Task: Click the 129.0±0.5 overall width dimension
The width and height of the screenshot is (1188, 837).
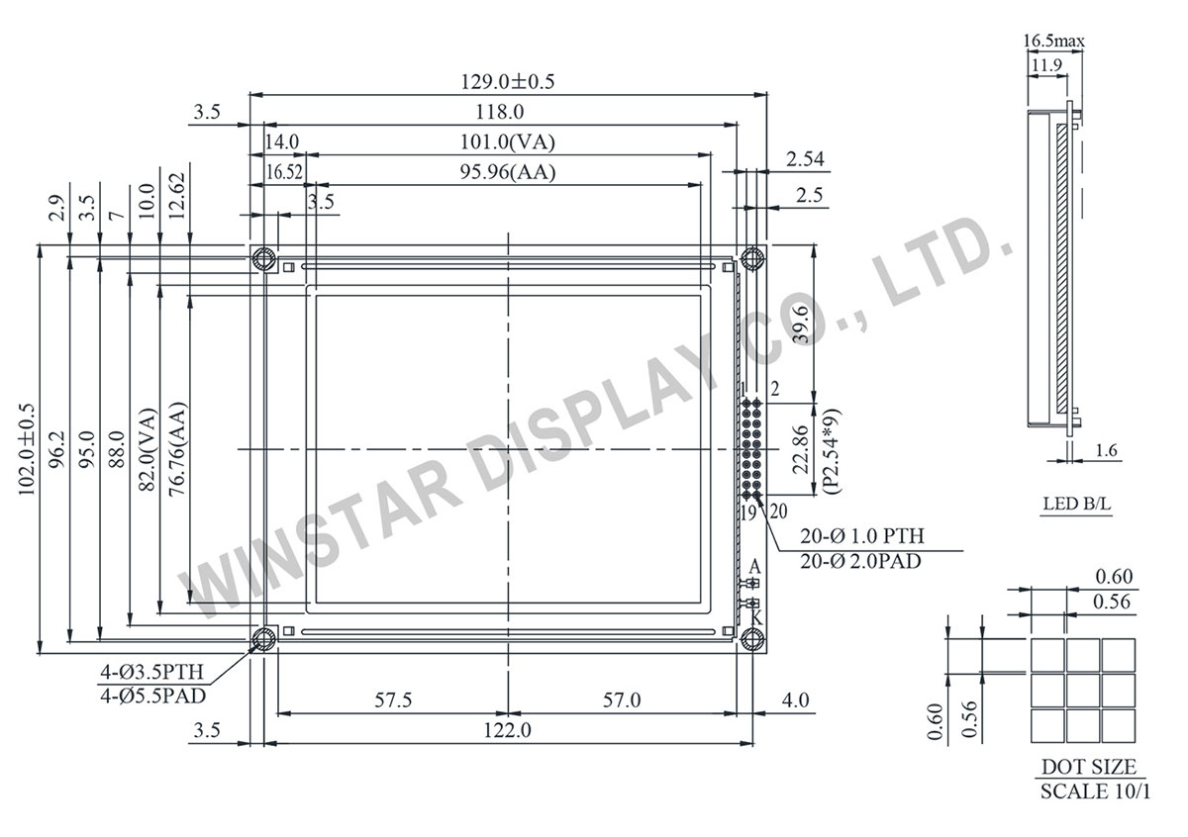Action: pyautogui.click(x=507, y=82)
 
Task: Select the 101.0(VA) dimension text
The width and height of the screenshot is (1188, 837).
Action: pyautogui.click(x=507, y=141)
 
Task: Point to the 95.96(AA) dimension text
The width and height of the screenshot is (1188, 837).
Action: pyautogui.click(x=507, y=171)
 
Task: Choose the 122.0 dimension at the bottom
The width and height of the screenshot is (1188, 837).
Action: pyautogui.click(x=507, y=731)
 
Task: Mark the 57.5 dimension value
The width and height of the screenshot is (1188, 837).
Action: pyautogui.click(x=393, y=700)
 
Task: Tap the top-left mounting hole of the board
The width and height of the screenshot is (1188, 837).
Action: pyautogui.click(x=263, y=259)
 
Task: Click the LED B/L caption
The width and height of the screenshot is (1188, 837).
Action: pyautogui.click(x=1076, y=505)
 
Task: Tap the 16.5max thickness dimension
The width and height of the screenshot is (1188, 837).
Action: pyautogui.click(x=1053, y=41)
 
